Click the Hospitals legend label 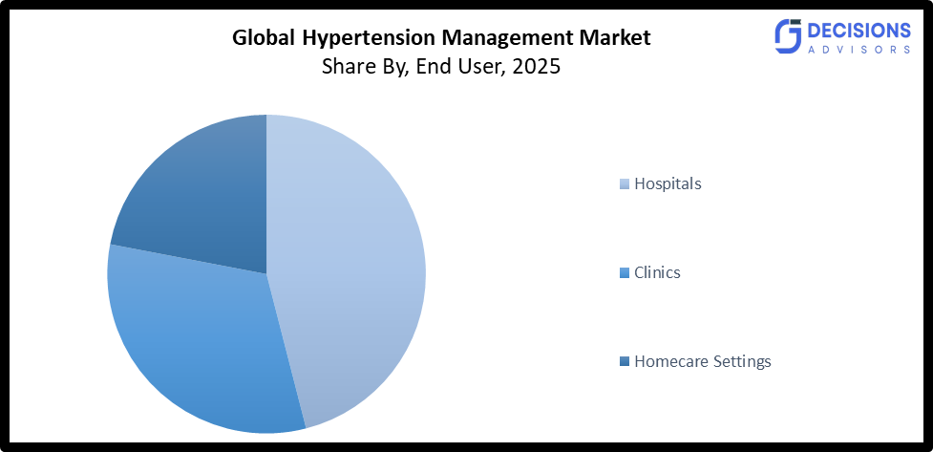668,183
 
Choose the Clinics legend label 657,272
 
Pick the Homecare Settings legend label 702,361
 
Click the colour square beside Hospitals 626,184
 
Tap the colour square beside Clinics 626,273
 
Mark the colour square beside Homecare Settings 626,362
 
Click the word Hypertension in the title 358,39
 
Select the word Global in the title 265,39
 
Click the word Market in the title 615,39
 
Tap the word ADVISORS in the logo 857,49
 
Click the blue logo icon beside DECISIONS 787,35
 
